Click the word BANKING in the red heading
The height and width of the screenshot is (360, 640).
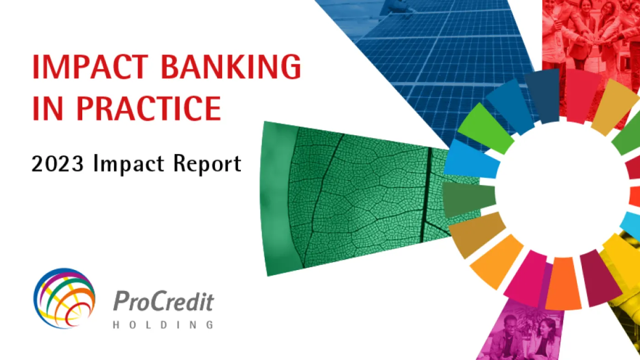(231, 67)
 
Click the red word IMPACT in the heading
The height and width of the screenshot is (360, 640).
(90, 67)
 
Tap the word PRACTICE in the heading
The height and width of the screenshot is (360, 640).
(149, 108)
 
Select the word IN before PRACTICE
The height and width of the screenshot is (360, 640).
(47, 108)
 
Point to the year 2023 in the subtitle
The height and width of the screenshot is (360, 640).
(58, 164)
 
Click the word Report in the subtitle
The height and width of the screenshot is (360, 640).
(208, 164)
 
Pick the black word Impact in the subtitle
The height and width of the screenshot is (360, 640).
(129, 164)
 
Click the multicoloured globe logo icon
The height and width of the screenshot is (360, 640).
(64, 298)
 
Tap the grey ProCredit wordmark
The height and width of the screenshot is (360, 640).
(164, 301)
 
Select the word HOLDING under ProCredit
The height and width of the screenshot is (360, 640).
(164, 325)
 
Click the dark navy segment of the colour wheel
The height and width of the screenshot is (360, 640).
(543, 95)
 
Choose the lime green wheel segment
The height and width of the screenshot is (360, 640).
(485, 129)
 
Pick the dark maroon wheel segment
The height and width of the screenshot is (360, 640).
(600, 278)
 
